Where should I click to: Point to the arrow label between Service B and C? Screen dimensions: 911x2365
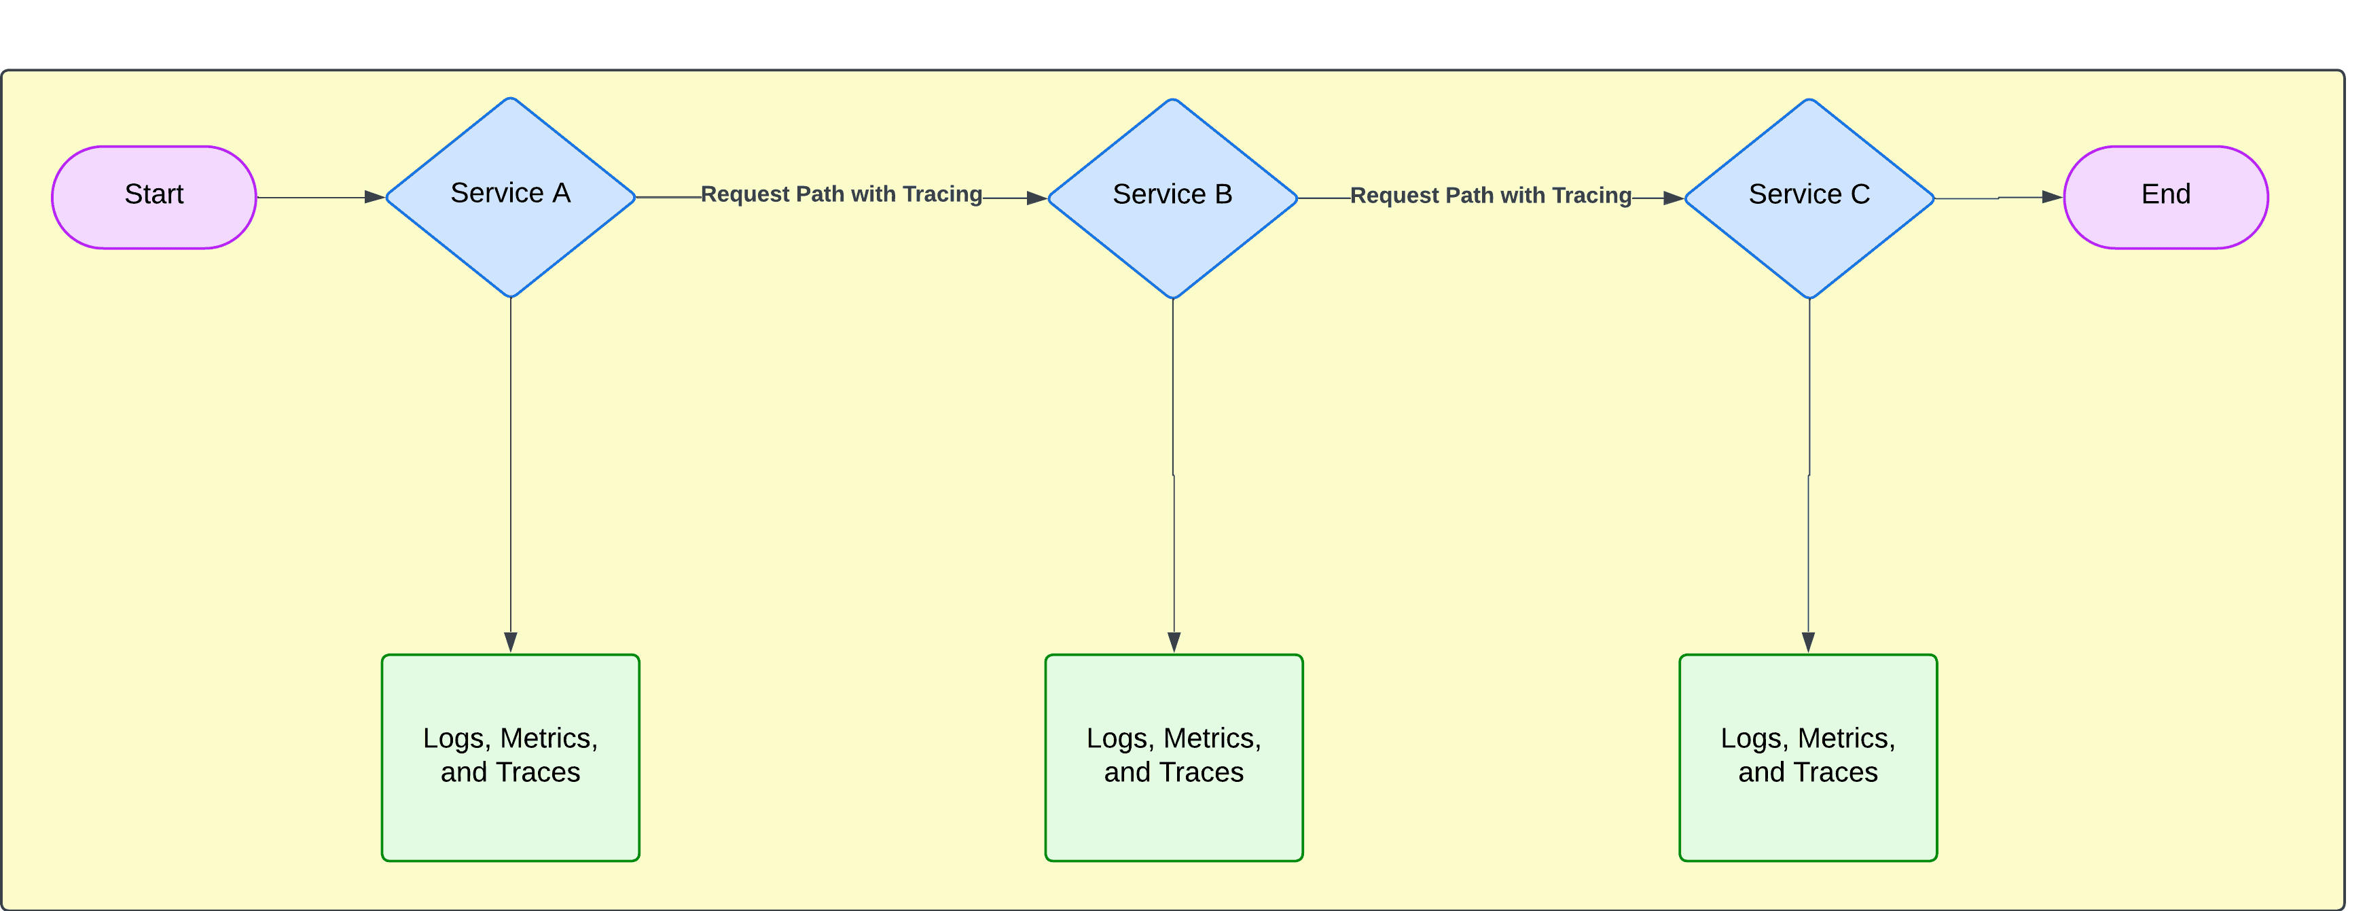(1490, 196)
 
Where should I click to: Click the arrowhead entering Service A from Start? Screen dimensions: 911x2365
(374, 196)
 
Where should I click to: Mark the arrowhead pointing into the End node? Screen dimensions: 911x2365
(2051, 196)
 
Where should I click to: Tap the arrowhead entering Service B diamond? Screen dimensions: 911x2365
(1036, 198)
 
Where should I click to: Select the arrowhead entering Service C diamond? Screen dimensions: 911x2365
(1673, 198)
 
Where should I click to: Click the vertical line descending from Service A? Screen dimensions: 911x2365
(511, 459)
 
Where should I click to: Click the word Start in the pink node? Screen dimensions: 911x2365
(154, 194)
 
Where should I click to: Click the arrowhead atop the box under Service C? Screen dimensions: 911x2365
(1808, 642)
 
